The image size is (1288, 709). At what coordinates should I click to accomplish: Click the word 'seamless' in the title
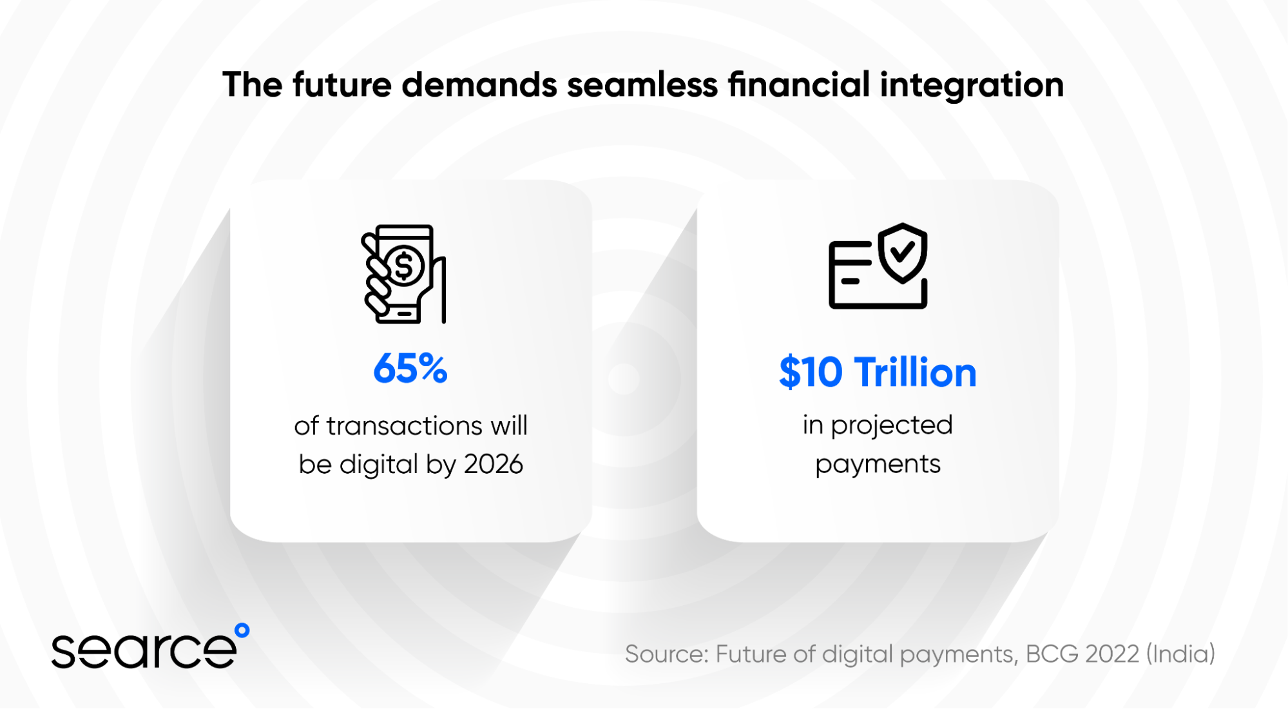642,85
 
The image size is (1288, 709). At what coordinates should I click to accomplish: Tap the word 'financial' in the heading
799,84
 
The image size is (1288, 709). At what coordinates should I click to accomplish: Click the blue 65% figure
410,369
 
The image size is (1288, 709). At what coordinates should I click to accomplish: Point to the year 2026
494,464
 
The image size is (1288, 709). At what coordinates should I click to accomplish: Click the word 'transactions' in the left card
405,426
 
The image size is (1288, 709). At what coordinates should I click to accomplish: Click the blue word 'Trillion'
916,373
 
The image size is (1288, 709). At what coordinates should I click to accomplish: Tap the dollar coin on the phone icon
404,266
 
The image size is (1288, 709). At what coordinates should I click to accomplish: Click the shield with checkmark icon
903,253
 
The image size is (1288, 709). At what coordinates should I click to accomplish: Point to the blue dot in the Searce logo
242,630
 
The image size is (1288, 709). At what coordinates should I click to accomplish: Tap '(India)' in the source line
1180,654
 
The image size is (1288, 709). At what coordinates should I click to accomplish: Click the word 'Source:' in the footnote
667,654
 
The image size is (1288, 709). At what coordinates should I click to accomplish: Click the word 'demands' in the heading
479,85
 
